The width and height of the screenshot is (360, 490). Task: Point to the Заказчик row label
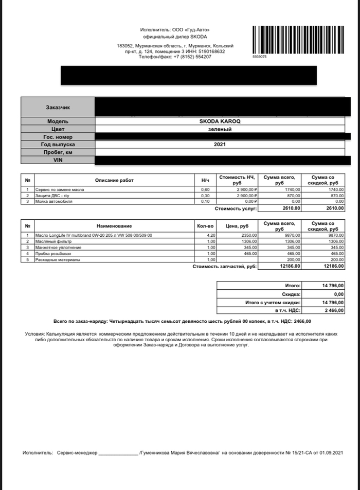click(58, 108)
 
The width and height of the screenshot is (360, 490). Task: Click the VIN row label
click(58, 161)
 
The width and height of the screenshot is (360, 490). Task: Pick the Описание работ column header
click(114, 180)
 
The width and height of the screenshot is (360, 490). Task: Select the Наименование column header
click(114, 226)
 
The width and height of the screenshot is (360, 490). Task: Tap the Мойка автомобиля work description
click(54, 201)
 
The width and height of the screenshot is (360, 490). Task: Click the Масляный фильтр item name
click(53, 241)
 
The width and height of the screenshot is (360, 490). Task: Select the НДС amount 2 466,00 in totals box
click(333, 311)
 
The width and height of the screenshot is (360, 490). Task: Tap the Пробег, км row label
click(58, 153)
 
